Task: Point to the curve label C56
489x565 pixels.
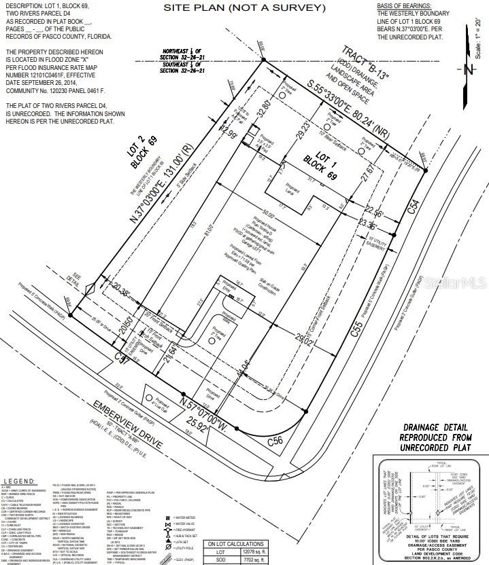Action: point(275,440)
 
